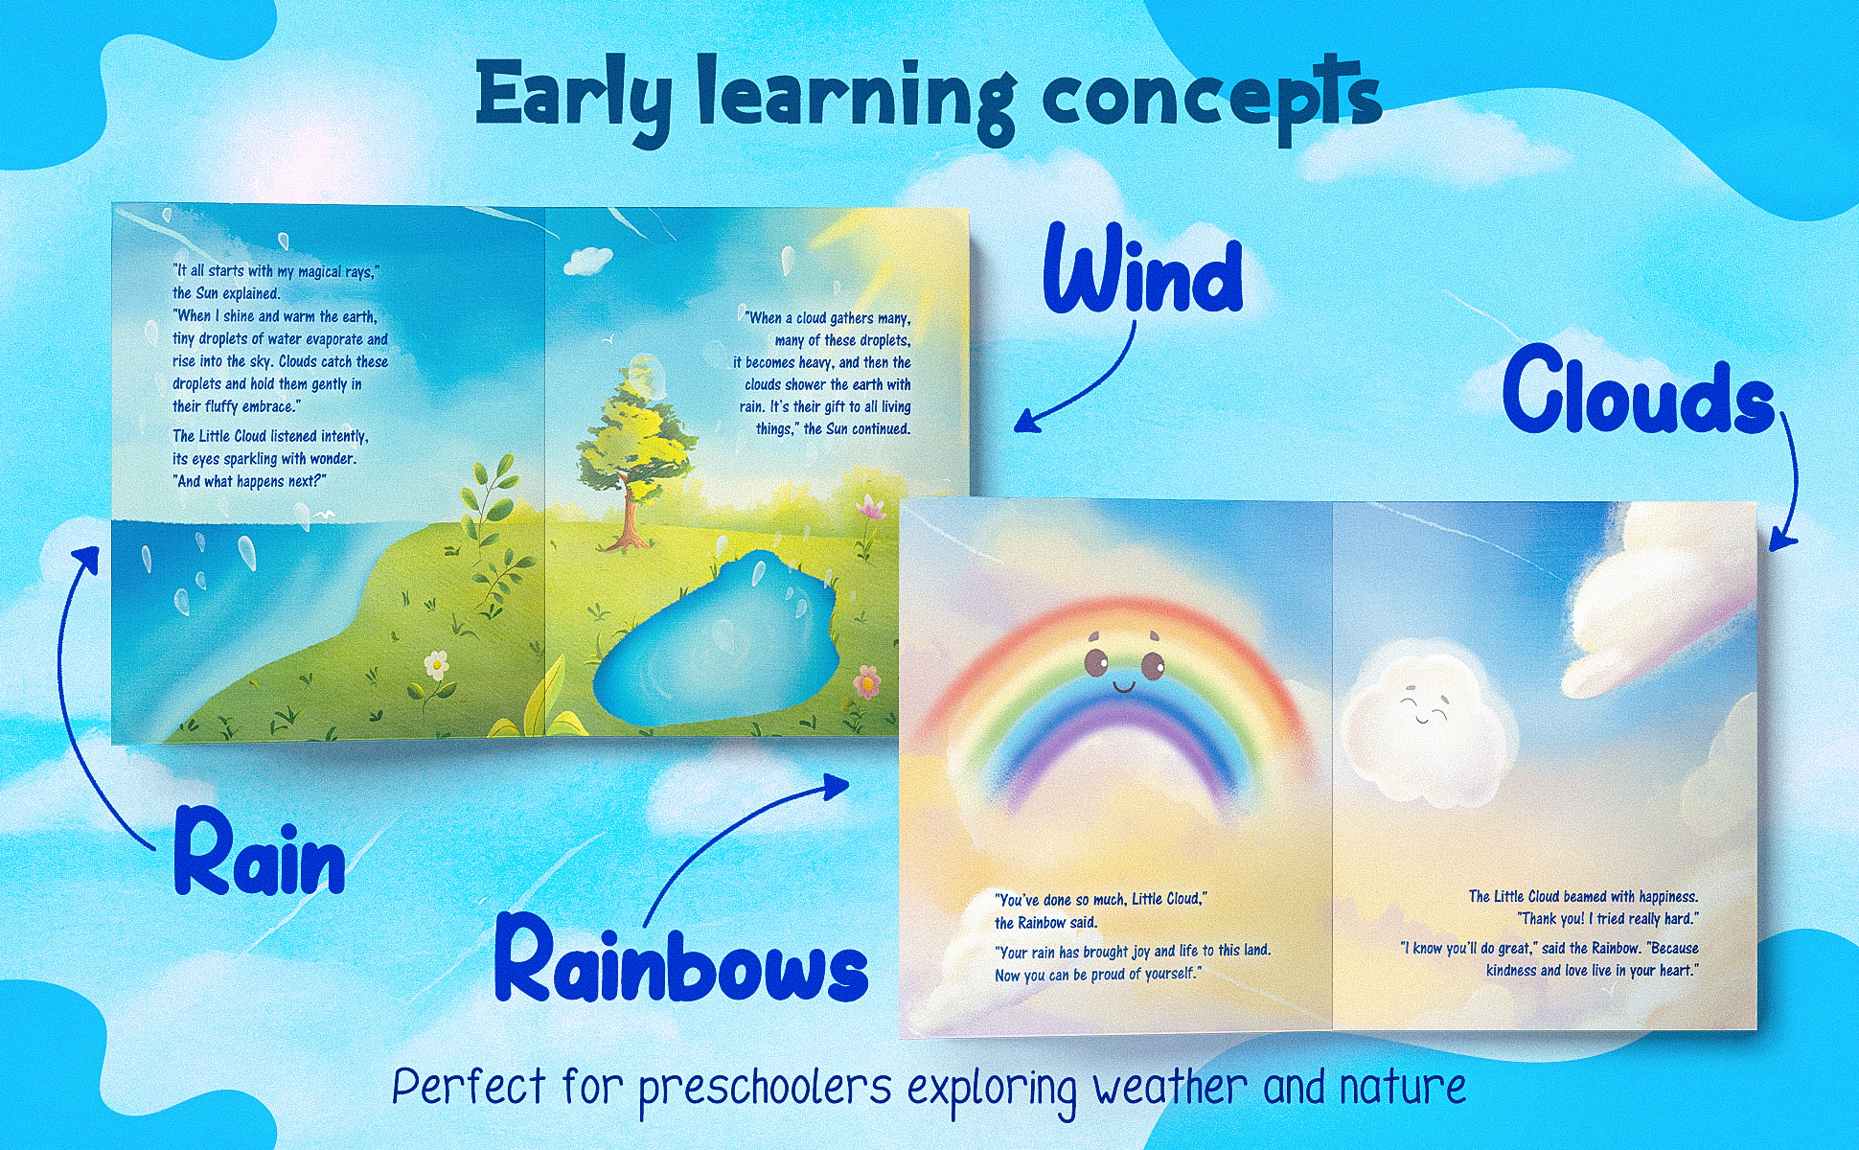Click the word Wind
pyautogui.click(x=1143, y=271)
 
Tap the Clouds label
pyautogui.click(x=1640, y=392)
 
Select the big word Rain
pyautogui.click(x=259, y=852)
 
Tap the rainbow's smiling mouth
pyautogui.click(x=1124, y=686)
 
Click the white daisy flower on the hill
pyautogui.click(x=436, y=662)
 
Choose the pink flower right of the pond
pyautogui.click(x=867, y=681)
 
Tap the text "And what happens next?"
pyautogui.click(x=251, y=481)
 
